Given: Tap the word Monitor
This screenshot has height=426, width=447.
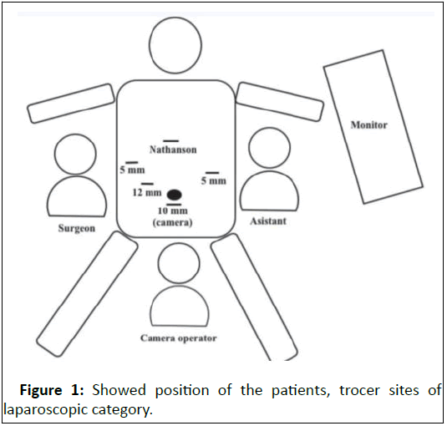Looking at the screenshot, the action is click(369, 125).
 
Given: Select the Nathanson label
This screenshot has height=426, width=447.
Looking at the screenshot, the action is click(173, 150).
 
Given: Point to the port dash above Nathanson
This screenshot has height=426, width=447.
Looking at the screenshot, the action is click(171, 141).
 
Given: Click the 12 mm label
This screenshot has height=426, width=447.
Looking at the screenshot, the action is click(147, 193).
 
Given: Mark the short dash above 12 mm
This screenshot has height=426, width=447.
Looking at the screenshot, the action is click(147, 184).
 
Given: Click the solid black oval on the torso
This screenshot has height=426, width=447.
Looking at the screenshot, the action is click(175, 195).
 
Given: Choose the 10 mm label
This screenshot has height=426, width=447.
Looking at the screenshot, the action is click(173, 210).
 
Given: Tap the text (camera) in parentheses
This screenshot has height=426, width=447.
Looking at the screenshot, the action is click(172, 222).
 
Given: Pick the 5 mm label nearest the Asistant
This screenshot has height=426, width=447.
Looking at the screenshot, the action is click(214, 180).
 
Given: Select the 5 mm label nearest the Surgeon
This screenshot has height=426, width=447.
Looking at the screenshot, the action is click(132, 170).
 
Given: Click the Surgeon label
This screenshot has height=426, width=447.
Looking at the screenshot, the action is click(76, 228).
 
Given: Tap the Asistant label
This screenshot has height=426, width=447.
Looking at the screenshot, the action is click(268, 221).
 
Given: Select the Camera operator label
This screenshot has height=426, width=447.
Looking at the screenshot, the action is click(179, 338).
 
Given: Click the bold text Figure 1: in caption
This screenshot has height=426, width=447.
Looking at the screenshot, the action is click(52, 390).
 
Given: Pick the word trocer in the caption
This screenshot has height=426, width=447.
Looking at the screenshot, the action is click(359, 390).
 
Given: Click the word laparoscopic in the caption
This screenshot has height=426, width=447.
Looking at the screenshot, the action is click(46, 410).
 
